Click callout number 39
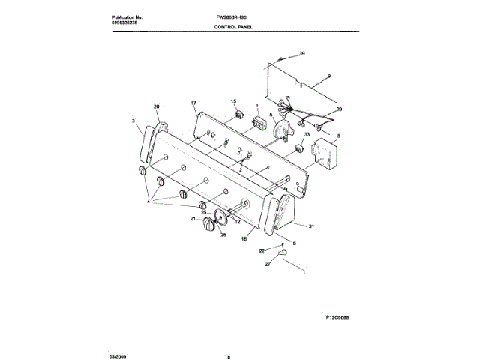(302, 54)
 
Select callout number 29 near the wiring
(338, 110)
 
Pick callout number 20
(157, 106)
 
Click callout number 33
(307, 135)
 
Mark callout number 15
(233, 101)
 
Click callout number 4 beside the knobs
(149, 202)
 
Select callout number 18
(244, 238)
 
